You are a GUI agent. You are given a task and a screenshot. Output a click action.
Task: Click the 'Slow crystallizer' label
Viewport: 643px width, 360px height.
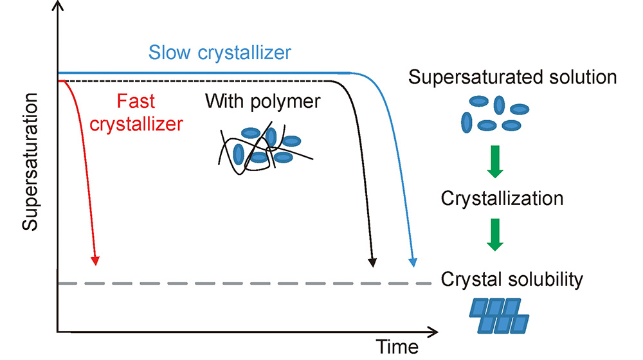point(220,52)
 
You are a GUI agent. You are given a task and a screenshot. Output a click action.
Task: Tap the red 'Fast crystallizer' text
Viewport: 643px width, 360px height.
point(136,112)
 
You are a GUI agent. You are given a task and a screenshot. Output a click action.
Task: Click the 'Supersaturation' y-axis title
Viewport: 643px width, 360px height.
point(30,161)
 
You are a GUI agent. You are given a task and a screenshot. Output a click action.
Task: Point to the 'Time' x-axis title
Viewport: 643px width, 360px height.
point(397,347)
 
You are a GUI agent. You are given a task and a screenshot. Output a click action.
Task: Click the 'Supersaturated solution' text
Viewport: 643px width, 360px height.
point(513,78)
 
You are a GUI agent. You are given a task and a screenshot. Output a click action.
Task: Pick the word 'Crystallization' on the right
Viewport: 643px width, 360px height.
point(502,198)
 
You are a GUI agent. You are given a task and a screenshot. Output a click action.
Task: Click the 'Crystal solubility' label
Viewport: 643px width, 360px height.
point(512,280)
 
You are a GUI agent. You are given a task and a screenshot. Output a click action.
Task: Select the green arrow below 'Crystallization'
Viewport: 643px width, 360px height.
point(494,235)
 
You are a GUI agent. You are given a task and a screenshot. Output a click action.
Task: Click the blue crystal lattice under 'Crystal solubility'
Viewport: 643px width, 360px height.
point(499,314)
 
